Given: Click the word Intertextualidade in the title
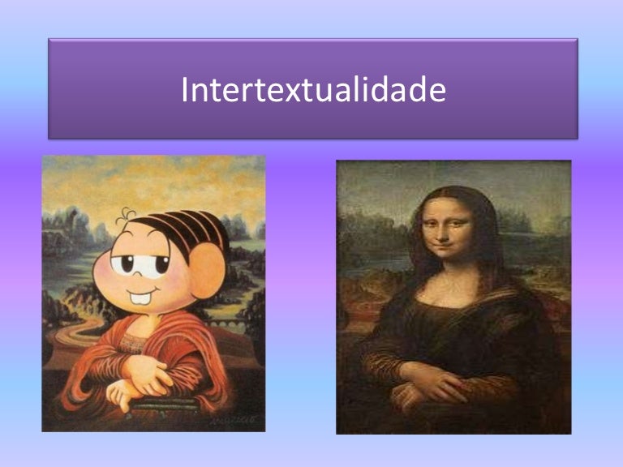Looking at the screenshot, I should pos(313,90).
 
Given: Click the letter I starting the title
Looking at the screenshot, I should pos(185,90).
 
